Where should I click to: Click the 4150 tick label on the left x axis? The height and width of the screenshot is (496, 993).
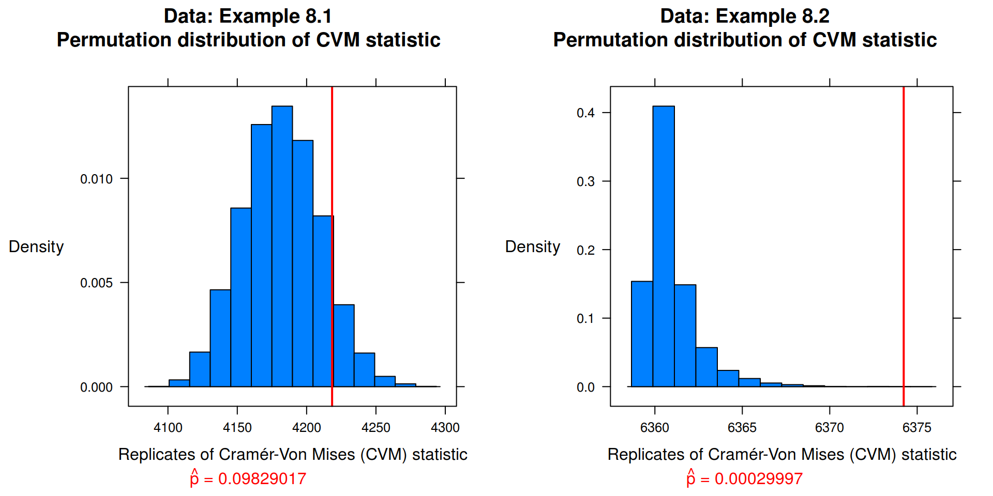click(237, 428)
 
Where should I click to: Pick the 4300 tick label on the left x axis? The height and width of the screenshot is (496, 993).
click(445, 428)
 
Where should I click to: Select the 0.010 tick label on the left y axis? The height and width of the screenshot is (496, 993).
click(96, 179)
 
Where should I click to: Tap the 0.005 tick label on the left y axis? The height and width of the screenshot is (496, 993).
click(96, 283)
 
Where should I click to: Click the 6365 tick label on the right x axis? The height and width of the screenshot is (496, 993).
click(742, 428)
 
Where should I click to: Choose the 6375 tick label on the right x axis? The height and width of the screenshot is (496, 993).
click(917, 428)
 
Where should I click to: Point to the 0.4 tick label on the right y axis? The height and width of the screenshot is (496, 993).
click(585, 113)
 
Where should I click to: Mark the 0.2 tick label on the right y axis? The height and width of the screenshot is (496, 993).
click(585, 251)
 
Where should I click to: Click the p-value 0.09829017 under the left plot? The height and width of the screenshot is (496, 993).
click(262, 479)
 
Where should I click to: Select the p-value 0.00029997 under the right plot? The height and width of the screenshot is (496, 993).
click(759, 479)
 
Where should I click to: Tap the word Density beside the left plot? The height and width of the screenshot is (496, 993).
click(36, 247)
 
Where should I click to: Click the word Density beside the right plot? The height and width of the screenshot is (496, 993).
click(533, 247)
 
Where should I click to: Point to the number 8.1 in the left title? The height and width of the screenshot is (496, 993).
click(319, 17)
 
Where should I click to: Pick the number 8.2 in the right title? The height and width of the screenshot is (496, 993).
click(815, 17)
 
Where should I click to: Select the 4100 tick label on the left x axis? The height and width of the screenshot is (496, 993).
click(168, 428)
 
